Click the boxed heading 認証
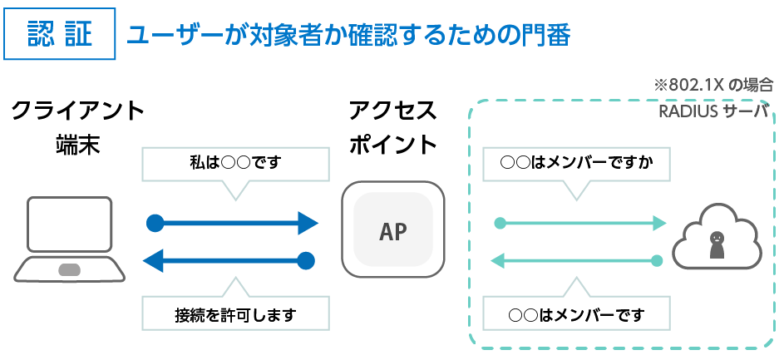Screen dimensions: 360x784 (x=59, y=35)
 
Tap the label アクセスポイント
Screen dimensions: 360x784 (x=392, y=127)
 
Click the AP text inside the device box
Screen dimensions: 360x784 (x=393, y=232)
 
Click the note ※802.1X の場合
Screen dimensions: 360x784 (x=713, y=85)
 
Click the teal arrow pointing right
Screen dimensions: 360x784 (x=582, y=223)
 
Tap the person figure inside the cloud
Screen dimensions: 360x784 (x=716, y=242)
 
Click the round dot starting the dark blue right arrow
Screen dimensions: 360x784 (x=154, y=223)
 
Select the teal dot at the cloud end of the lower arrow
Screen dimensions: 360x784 (x=657, y=261)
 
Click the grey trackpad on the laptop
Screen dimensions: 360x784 (x=69, y=270)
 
